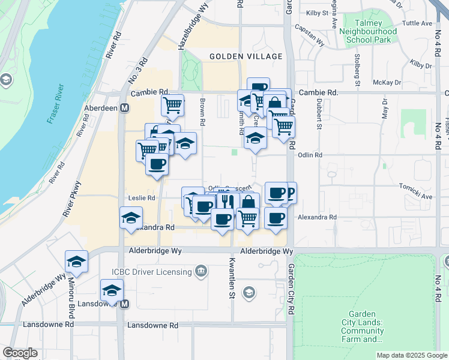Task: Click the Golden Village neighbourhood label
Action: (246, 56)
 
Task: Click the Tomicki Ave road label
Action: (418, 196)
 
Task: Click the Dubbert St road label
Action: (319, 113)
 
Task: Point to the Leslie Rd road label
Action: (142, 197)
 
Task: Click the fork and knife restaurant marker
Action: (226, 202)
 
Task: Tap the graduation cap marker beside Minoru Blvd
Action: (77, 262)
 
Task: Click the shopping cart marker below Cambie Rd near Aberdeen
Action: (172, 105)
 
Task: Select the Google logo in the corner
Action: (20, 353)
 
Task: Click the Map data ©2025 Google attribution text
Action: (411, 355)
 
